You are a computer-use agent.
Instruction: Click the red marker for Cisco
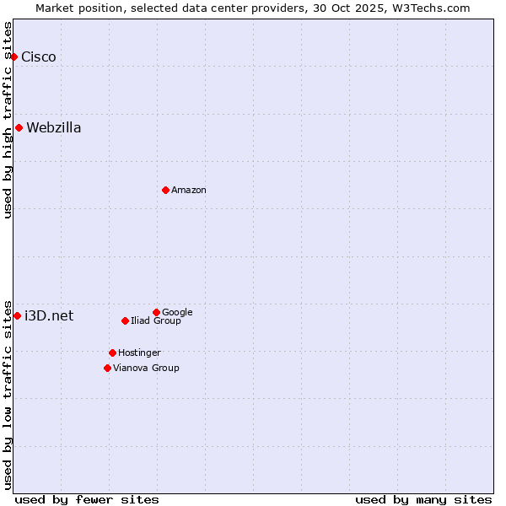point(13,57)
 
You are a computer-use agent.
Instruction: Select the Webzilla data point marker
point(19,128)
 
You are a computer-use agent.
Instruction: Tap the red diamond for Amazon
point(165,190)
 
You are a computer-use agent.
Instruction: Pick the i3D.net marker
point(17,315)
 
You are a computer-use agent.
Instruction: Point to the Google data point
point(156,312)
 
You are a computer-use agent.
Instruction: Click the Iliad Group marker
point(125,320)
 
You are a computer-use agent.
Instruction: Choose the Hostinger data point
point(112,353)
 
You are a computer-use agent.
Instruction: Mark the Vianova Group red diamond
point(107,368)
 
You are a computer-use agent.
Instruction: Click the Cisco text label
point(39,57)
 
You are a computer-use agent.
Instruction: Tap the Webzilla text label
point(54,128)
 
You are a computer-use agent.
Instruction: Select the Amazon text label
point(189,191)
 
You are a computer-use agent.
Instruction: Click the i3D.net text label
point(49,316)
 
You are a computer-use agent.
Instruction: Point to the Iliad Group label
point(156,321)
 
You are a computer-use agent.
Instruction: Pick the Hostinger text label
point(139,353)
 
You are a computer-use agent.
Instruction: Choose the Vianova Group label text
point(146,369)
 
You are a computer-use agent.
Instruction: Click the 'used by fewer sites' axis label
point(87,499)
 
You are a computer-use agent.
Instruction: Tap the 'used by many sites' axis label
point(423,499)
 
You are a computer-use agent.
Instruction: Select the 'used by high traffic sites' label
point(8,120)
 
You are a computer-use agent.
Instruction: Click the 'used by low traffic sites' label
point(8,394)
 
